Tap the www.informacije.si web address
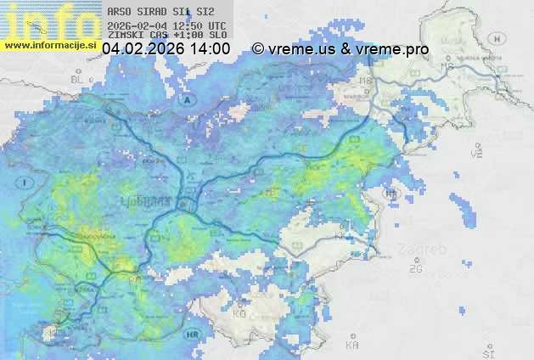tap(51, 44)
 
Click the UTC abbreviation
tap(217, 25)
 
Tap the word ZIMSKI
tap(126, 36)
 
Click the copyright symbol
tap(258, 49)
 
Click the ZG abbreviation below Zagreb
tap(415, 269)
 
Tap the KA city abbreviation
tap(352, 346)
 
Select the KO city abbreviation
tap(239, 314)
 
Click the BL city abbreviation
tap(79, 80)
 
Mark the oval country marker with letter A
tap(188, 99)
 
